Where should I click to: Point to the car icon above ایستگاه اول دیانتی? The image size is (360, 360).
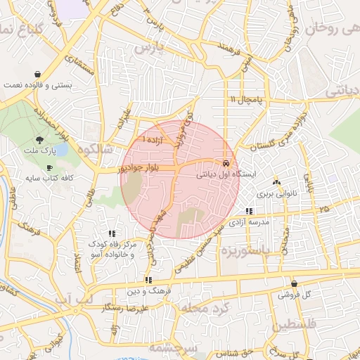(x=226, y=162)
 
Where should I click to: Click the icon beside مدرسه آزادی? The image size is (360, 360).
(x=249, y=210)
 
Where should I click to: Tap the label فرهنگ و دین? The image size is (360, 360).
(x=147, y=290)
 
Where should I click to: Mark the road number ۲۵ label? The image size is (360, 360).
(x=323, y=210)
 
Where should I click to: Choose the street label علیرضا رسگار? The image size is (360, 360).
(x=125, y=308)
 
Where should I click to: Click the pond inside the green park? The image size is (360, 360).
(x=62, y=149)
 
